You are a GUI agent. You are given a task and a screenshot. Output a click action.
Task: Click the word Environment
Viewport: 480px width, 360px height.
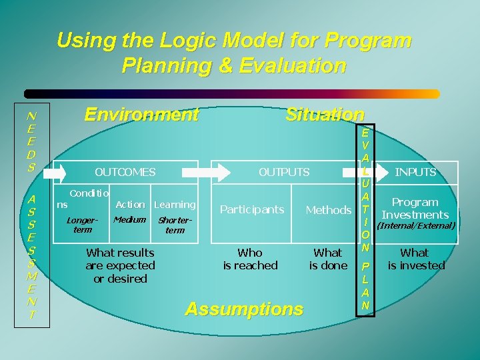point(141,115)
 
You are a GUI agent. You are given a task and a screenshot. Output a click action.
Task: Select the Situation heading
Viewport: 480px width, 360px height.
point(325,115)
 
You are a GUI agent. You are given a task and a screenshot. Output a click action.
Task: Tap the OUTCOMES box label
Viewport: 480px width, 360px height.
point(125,172)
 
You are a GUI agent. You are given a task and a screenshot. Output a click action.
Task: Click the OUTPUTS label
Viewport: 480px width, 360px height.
point(284,172)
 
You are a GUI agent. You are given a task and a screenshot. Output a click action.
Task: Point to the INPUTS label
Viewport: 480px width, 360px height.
point(415,172)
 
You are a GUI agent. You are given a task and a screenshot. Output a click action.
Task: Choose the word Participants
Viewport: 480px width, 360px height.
point(252,210)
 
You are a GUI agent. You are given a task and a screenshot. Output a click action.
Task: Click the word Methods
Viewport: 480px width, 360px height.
point(328,210)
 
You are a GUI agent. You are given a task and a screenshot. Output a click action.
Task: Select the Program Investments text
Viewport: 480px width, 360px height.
point(415,208)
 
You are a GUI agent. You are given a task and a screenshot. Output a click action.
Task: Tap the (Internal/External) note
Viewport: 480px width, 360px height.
point(416,226)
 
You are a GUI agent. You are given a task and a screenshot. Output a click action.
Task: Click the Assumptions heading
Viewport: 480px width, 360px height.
point(243,309)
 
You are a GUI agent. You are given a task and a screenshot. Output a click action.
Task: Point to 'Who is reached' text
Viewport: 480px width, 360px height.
point(250,259)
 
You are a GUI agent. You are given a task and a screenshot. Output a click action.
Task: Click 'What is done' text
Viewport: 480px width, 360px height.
point(328,259)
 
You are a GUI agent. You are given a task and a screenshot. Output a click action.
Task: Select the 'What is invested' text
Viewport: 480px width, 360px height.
point(415,259)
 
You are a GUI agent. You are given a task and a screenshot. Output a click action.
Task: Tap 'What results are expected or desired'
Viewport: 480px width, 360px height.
point(120,265)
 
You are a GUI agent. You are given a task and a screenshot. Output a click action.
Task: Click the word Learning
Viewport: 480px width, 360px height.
point(175,205)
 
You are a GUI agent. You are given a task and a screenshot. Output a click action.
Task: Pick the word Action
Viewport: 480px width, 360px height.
point(130,205)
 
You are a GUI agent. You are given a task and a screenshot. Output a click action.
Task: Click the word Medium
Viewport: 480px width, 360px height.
point(129,219)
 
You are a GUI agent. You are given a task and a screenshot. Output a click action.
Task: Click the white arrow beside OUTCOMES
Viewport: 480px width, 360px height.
point(59,173)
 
